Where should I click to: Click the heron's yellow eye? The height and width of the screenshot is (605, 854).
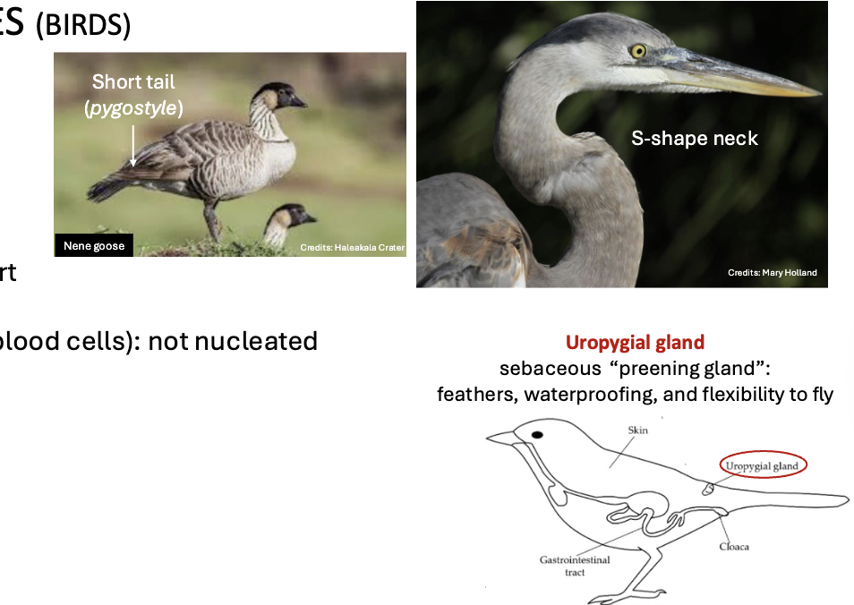pos(637,51)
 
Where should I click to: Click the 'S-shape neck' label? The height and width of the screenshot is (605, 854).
pos(695,138)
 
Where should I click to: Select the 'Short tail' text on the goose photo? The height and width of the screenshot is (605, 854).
pos(133,81)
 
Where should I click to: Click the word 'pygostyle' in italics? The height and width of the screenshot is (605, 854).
pos(133,109)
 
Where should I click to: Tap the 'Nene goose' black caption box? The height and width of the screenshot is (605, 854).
pos(93,246)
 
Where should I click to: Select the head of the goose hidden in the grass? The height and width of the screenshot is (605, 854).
pos(292,217)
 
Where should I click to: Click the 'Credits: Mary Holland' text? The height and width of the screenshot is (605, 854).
pos(772,272)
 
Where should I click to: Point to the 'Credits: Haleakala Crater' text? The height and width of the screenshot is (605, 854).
pos(352,247)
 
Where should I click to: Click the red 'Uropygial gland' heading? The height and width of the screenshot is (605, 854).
pos(635,342)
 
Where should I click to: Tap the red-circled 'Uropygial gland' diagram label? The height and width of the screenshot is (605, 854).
pos(762,465)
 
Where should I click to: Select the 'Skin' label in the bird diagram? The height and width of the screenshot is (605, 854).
pos(638,430)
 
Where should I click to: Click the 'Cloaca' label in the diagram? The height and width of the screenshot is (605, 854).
pos(733,546)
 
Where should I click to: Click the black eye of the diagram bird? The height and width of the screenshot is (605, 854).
pos(537,435)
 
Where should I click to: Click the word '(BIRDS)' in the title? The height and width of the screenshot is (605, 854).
pos(82,25)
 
